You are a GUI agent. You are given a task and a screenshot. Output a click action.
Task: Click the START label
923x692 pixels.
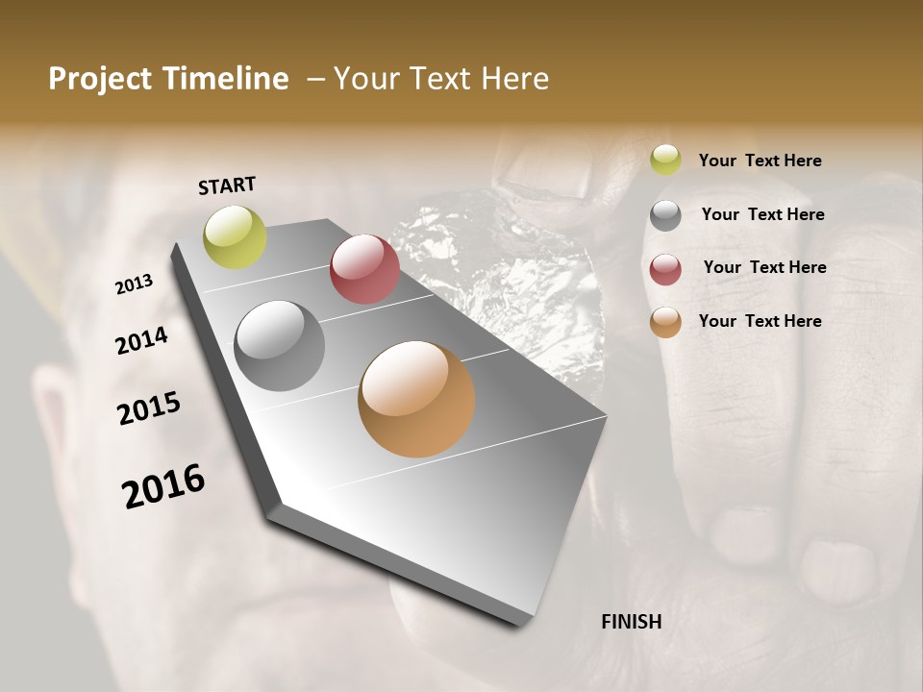pyautogui.click(x=227, y=185)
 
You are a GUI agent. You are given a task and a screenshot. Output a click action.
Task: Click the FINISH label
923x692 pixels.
pyautogui.click(x=631, y=622)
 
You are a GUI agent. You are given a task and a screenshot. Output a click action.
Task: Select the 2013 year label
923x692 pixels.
pyautogui.click(x=134, y=284)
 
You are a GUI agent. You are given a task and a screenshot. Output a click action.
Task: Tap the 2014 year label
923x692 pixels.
pyautogui.click(x=141, y=340)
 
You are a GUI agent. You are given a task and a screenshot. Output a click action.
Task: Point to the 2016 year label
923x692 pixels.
pyautogui.click(x=163, y=486)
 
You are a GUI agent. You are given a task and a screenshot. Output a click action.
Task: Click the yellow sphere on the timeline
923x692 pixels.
pyautogui.click(x=235, y=236)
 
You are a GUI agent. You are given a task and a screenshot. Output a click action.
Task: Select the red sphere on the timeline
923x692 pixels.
pyautogui.click(x=364, y=269)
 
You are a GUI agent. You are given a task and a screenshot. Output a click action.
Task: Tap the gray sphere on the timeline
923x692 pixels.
pyautogui.click(x=280, y=346)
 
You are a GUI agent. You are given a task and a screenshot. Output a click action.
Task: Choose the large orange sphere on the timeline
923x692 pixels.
pyautogui.click(x=416, y=399)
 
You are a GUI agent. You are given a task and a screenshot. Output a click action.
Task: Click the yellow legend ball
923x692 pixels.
pyautogui.click(x=665, y=160)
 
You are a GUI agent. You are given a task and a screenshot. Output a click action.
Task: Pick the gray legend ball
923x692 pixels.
pyautogui.click(x=665, y=214)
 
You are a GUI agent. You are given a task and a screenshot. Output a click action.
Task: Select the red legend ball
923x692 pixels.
pyautogui.click(x=665, y=268)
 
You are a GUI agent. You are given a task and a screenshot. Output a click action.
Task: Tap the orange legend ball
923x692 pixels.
pyautogui.click(x=665, y=322)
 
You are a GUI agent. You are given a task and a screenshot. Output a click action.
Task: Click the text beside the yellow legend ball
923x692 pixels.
pyautogui.click(x=760, y=161)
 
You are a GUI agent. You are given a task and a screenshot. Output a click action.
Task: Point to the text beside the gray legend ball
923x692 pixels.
pyautogui.click(x=762, y=214)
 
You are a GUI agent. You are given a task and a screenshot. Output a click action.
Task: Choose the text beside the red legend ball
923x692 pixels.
pyautogui.click(x=764, y=267)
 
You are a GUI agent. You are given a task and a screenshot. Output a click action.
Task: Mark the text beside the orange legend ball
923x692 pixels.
pyautogui.click(x=760, y=321)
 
